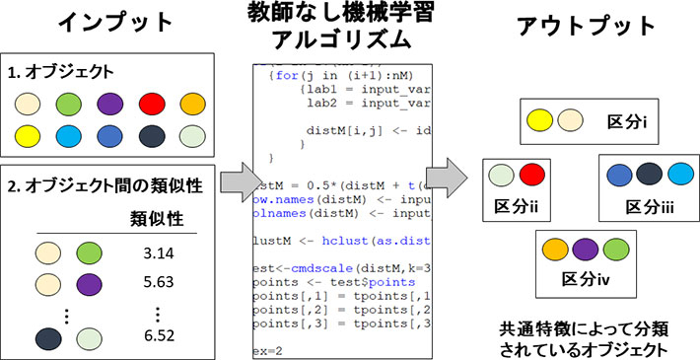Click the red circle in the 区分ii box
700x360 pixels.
coord(529,175)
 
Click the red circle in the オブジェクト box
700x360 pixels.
coord(151,105)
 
